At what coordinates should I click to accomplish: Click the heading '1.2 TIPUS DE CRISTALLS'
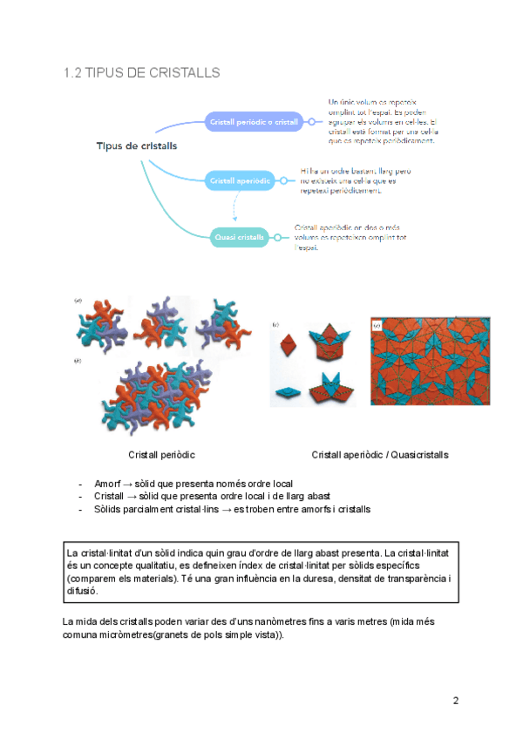tap(141, 72)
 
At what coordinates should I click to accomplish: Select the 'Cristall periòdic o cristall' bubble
tap(253, 123)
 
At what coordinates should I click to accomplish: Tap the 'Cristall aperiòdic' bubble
tap(239, 181)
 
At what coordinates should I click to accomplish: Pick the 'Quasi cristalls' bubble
tap(239, 236)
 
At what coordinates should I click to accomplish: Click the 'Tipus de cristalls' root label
tap(136, 146)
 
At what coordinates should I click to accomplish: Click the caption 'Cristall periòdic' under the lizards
tap(161, 455)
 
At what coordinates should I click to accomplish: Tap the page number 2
tap(455, 700)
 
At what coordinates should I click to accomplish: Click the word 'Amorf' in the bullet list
tap(107, 484)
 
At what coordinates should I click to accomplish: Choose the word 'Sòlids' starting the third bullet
tap(109, 509)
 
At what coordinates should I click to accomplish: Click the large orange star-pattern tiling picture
tap(430, 361)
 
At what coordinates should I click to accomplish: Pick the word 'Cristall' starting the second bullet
tap(110, 496)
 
